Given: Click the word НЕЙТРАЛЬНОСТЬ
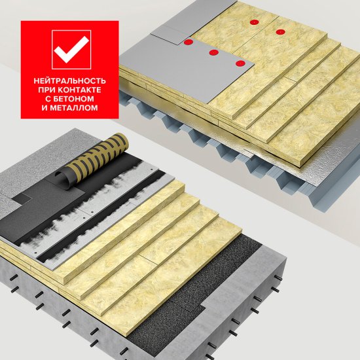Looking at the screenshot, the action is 70,81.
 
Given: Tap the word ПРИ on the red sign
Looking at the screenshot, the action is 46,90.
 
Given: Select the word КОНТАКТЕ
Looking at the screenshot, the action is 79,90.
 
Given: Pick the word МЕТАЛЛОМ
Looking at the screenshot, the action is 74,108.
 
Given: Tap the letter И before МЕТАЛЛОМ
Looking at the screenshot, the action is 45,108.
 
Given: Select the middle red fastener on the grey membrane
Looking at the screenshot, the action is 214,52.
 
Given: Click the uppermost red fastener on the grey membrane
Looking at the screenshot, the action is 189,42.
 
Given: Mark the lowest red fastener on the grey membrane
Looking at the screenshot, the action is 240,63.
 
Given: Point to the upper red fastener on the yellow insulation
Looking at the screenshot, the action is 255,22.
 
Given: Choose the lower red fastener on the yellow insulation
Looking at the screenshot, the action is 280,32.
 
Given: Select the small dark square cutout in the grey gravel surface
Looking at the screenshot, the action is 21,198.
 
